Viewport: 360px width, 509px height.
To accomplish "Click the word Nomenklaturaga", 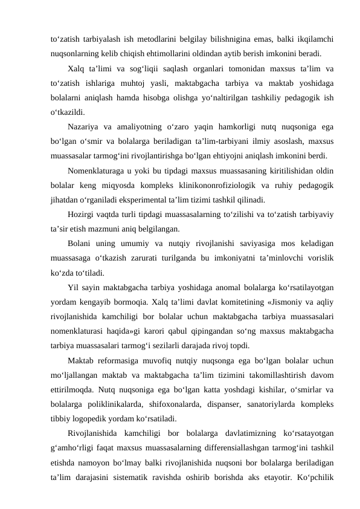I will (x=98, y=171).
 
